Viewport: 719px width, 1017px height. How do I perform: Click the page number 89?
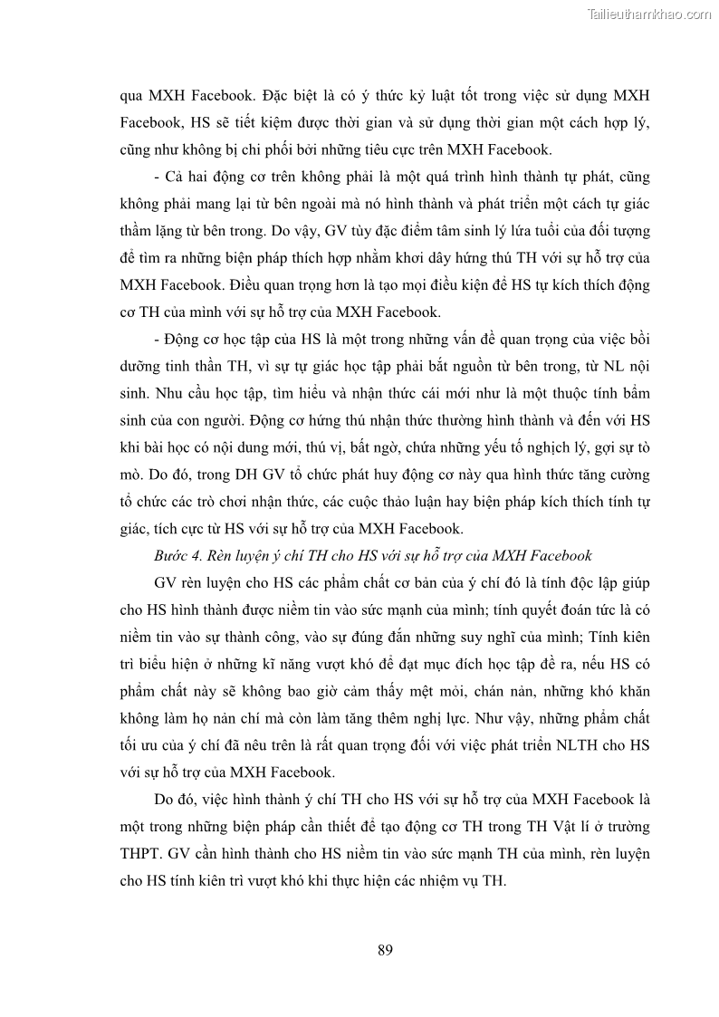pyautogui.click(x=384, y=950)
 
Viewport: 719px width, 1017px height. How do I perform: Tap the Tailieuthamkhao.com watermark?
pyautogui.click(x=649, y=14)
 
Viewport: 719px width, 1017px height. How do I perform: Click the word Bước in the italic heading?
pyautogui.click(x=172, y=555)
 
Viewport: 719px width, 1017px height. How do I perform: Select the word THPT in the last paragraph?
pyautogui.click(x=138, y=854)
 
